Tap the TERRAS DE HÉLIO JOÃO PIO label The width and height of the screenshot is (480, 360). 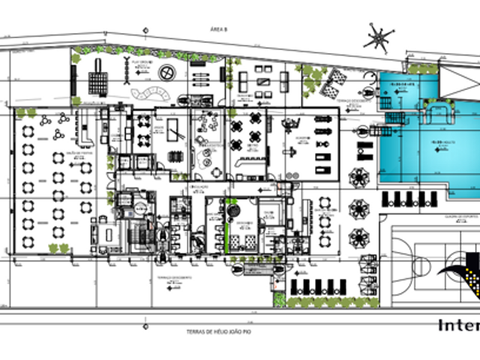pos(217,331)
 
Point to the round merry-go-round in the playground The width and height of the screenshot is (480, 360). pos(166,73)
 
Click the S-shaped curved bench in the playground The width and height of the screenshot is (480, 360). pos(150,94)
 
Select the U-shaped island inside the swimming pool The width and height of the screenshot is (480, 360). pos(439,114)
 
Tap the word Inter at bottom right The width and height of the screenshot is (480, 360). pos(458,325)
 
